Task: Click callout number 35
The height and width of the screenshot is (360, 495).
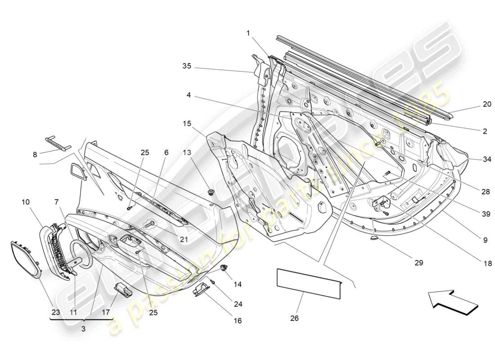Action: tap(187, 66)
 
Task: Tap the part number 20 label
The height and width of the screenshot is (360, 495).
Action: tap(487, 104)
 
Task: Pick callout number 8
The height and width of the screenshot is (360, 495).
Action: tap(35, 154)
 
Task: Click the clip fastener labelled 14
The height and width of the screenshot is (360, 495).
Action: tap(223, 269)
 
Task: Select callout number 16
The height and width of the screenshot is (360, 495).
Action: tap(238, 321)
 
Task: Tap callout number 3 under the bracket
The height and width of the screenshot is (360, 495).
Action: tap(83, 329)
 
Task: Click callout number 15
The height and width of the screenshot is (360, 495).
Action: tap(187, 123)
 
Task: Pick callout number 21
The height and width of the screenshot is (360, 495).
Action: tap(184, 239)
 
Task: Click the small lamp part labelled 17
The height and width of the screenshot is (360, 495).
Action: tap(123, 289)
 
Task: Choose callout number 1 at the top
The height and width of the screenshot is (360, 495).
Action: tap(247, 32)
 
